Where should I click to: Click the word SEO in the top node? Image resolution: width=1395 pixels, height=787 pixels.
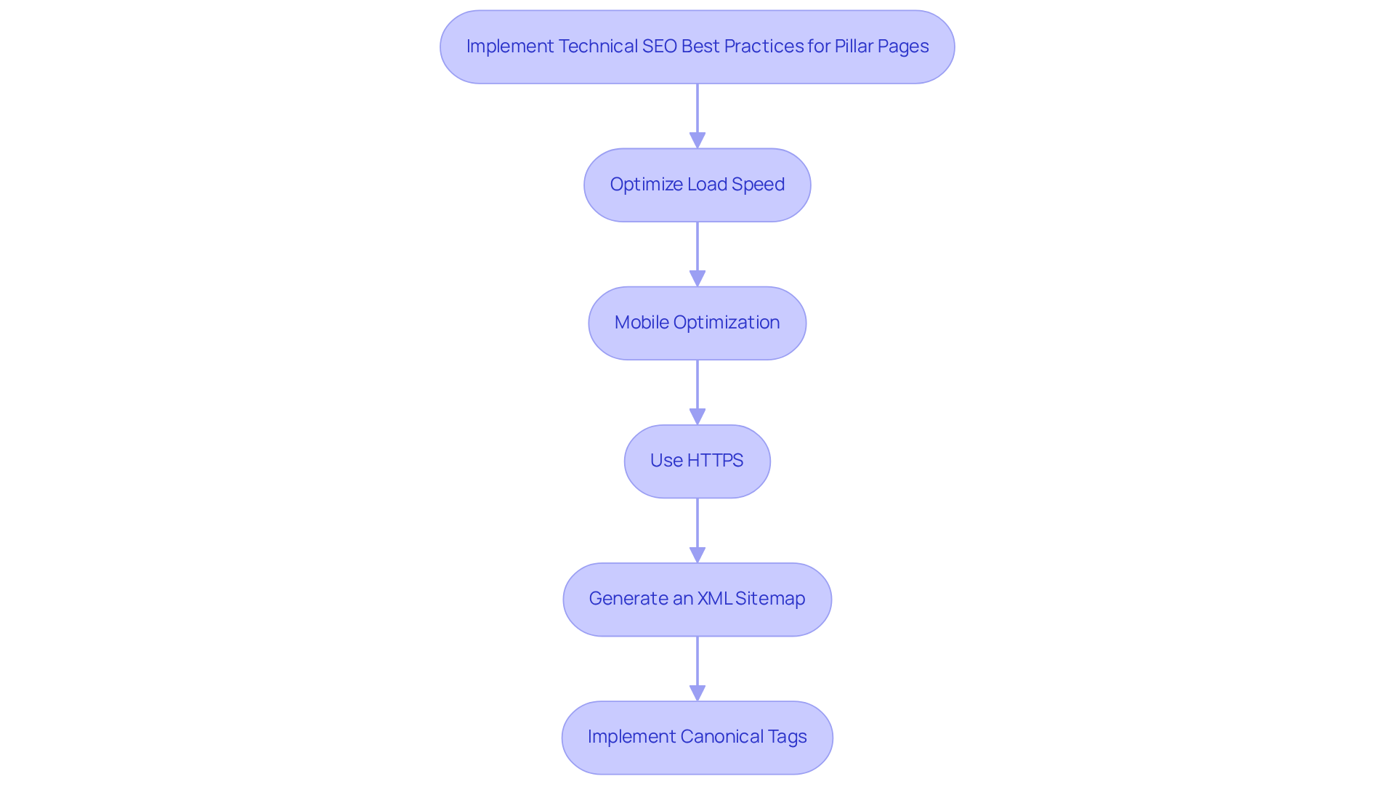pyautogui.click(x=659, y=47)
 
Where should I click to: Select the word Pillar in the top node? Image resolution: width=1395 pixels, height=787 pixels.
pyautogui.click(x=853, y=47)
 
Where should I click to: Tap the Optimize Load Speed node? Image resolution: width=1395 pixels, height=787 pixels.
pyautogui.click(x=697, y=185)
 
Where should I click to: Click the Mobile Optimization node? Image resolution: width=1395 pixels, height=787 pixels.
pyautogui.click(x=697, y=323)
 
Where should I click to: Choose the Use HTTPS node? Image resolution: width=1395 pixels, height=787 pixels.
pyautogui.click(x=697, y=461)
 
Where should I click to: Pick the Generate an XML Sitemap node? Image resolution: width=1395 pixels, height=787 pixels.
pyautogui.click(x=697, y=599)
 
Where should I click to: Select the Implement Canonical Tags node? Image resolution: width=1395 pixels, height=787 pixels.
pyautogui.click(x=697, y=737)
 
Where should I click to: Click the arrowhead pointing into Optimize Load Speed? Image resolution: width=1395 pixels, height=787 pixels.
pyautogui.click(x=697, y=140)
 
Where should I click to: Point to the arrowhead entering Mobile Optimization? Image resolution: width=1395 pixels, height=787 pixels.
pyautogui.click(x=697, y=278)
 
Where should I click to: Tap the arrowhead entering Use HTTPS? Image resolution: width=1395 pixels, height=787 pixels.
pyautogui.click(x=697, y=416)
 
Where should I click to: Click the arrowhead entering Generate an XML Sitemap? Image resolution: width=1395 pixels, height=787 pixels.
pyautogui.click(x=697, y=554)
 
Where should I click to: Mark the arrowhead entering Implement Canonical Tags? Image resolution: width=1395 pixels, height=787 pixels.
pyautogui.click(x=697, y=693)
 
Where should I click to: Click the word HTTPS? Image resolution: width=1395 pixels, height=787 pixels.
pyautogui.click(x=715, y=461)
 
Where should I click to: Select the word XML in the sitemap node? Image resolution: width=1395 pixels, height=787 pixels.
pyautogui.click(x=714, y=599)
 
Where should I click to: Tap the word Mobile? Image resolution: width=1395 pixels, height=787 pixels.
pyautogui.click(x=642, y=323)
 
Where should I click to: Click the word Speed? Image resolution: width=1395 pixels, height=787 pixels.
pyautogui.click(x=758, y=185)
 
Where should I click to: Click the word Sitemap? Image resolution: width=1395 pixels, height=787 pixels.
pyautogui.click(x=770, y=599)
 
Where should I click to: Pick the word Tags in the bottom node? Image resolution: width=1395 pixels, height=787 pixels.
pyautogui.click(x=788, y=737)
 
